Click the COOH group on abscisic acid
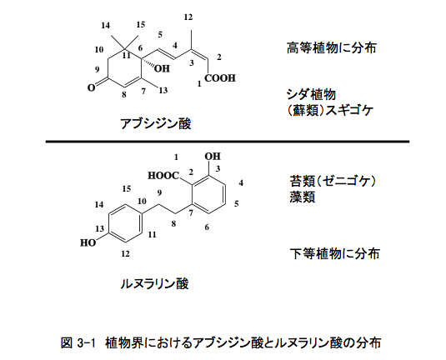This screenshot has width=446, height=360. coord(220,77)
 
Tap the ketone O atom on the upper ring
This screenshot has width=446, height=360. coord(91,87)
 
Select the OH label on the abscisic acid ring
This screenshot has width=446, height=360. coord(162,68)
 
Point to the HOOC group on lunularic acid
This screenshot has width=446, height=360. coord(163,176)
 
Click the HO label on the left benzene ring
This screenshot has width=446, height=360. coord(88,242)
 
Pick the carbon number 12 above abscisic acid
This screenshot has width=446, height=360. coord(188,17)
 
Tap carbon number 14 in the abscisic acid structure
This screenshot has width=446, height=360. coord(105,26)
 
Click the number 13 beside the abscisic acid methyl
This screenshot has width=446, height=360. coord(163,91)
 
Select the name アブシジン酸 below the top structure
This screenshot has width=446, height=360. coord(156,124)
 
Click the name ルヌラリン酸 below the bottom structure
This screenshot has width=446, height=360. coord(154,283)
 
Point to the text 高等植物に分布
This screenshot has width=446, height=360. coord(331,47)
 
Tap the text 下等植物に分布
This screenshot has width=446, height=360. coord(335,253)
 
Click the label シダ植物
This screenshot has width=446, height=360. coord(311,94)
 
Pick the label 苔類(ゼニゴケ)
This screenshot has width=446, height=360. coord(333,181)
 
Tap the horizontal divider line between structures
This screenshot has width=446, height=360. coord(228,142)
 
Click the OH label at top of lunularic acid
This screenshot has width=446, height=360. coord(213,156)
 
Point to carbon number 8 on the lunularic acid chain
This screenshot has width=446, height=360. coord(173,224)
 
